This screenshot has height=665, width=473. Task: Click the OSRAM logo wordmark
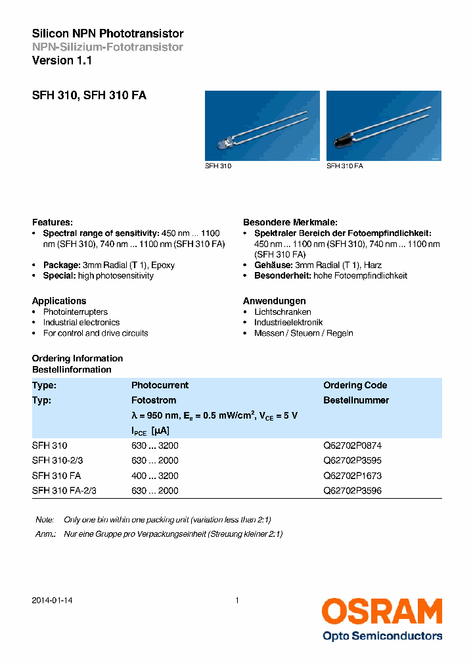(381, 611)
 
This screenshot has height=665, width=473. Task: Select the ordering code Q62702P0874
(352, 446)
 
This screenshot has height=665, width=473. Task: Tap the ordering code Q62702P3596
(352, 491)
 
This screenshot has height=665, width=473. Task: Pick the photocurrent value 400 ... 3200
(154, 476)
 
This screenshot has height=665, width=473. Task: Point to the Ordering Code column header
(355, 386)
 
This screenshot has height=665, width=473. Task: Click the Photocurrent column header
(160, 386)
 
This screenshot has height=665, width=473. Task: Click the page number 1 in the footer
(236, 601)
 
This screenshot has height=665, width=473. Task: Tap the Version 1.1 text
(62, 60)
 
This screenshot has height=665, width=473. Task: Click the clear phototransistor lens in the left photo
(223, 144)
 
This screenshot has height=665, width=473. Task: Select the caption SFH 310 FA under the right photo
(345, 166)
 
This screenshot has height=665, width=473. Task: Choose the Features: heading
(53, 223)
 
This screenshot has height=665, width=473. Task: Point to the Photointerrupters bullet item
(75, 312)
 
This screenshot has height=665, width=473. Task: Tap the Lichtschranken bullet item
(282, 312)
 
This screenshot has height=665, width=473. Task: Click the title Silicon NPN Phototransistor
(108, 34)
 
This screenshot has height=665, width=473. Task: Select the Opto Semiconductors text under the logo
(382, 635)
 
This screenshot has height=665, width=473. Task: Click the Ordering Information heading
(78, 359)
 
